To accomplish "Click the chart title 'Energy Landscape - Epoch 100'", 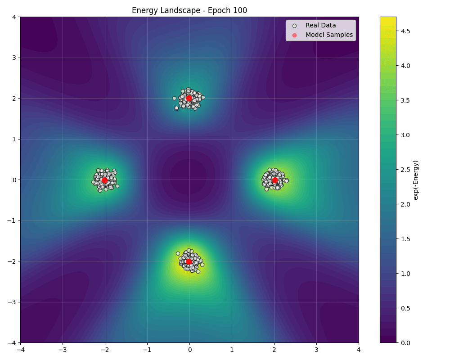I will pos(189,10).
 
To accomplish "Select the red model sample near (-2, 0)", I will pos(105,180).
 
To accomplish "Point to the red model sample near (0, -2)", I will pos(189,261).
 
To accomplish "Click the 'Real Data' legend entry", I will pos(320,26).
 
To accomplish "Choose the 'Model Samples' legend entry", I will pos(329,35).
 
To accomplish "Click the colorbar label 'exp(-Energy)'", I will pos(416,180).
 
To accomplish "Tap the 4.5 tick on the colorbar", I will pos(405,31).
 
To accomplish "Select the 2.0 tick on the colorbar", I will pos(405,204).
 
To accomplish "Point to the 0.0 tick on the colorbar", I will pos(405,343).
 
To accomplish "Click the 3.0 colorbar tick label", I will pos(405,135).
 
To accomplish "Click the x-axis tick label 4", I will pos(359,349).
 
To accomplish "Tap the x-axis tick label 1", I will pos(232,349).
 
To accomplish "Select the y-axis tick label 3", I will pos(14,58).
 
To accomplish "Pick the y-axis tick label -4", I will pos(12,343).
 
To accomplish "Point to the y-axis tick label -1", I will pos(12,220).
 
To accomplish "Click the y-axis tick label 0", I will pos(14,180).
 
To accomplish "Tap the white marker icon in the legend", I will pos(295,26).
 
